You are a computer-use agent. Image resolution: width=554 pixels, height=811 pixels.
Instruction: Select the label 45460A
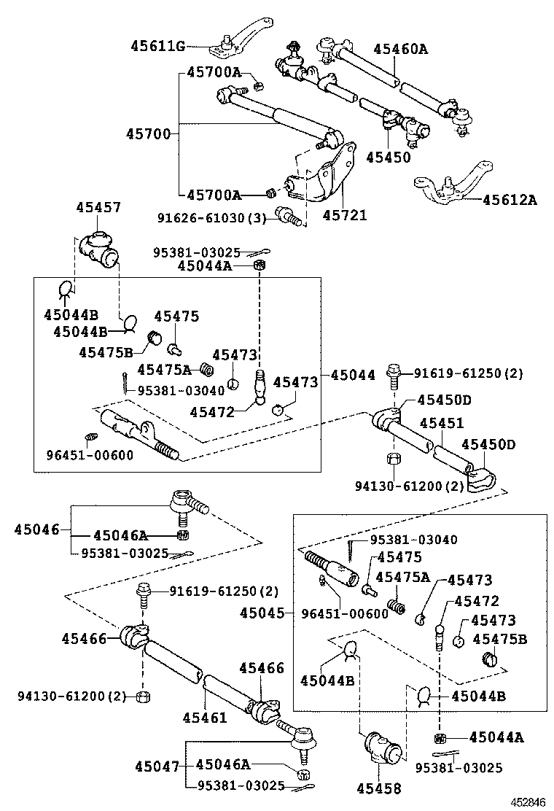point(400,50)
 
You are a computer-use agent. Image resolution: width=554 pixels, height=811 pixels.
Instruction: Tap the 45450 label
point(388,157)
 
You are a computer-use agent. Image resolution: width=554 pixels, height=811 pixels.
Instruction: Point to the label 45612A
point(509,199)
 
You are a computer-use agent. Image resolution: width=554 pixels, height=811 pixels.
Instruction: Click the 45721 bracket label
point(345,216)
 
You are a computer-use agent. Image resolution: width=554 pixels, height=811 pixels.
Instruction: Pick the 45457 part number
point(98,208)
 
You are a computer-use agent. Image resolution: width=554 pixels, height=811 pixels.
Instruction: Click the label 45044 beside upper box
point(353,376)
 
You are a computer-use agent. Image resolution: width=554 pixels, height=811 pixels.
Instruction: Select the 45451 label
point(441,424)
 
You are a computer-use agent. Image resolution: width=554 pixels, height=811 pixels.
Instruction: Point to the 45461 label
point(205,718)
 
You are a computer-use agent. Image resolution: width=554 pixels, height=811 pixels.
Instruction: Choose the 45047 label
point(156,765)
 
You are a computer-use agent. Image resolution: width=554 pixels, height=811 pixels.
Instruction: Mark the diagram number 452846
point(528,802)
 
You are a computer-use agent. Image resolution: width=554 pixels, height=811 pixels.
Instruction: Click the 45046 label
point(36,529)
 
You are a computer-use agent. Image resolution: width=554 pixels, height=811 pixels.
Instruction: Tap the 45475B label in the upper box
point(106,353)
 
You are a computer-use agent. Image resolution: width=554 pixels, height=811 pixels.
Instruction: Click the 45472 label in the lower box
point(476,602)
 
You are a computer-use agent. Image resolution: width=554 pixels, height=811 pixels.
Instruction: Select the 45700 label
point(147,134)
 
